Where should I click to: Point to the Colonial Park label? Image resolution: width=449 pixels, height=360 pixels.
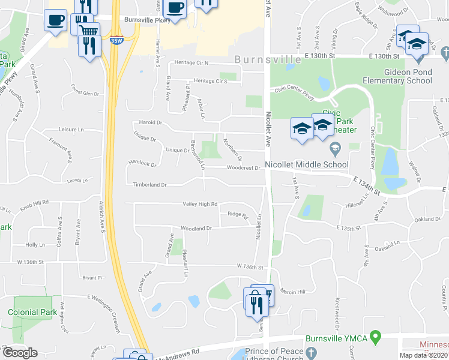pos(32,312)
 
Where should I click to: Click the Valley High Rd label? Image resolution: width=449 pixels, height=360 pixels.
pos(200,204)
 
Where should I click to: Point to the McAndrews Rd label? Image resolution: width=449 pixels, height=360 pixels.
pos(178,353)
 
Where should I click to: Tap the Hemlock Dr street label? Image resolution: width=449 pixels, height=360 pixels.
pos(142,163)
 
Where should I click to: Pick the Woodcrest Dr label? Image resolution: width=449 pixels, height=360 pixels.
pos(243,168)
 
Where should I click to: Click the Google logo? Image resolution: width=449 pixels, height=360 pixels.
pos(19,353)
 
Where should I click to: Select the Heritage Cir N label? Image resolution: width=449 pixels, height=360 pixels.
pos(191,62)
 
